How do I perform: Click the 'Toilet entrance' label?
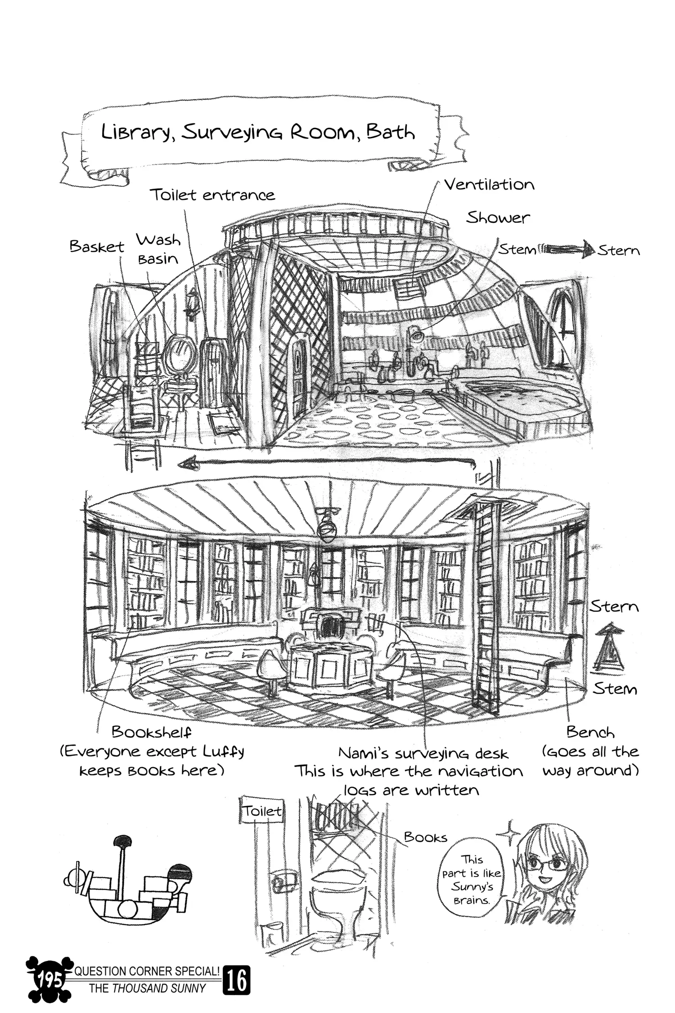(x=212, y=195)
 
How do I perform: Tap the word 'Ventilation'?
(x=489, y=185)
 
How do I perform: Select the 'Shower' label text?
(x=498, y=218)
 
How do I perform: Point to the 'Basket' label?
(x=97, y=246)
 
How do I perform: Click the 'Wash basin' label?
(x=158, y=249)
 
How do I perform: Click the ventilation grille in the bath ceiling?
(x=409, y=287)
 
